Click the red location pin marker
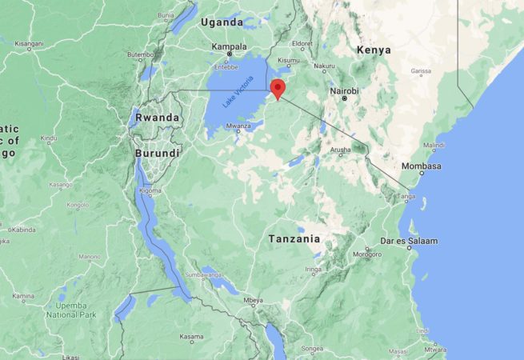point(278,89)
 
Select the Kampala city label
point(229,47)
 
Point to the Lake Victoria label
point(238,94)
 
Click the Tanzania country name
point(294,238)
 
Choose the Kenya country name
point(374,50)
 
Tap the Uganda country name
point(222,22)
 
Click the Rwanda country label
point(157,117)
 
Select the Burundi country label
point(157,153)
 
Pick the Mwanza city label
point(238,126)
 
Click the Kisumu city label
point(289,60)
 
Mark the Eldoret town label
point(303,43)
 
